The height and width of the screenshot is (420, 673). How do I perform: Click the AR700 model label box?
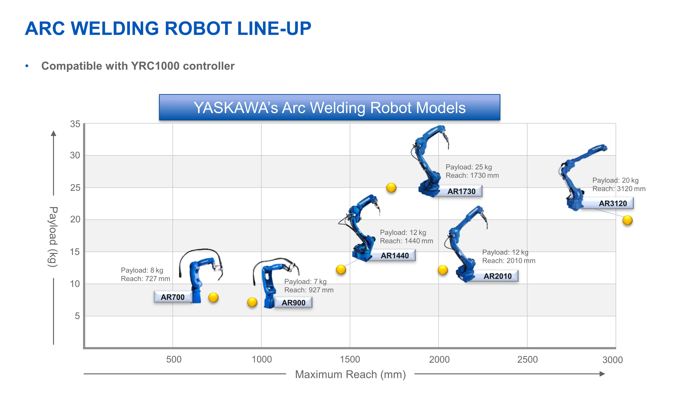[173, 297]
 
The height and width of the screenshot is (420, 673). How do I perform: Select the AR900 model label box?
[293, 303]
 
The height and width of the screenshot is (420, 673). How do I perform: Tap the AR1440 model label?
[395, 255]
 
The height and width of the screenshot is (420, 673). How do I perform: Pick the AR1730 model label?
[461, 191]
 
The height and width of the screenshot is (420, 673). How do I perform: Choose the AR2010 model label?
[498, 276]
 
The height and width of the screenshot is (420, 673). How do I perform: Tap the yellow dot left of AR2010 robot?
[443, 270]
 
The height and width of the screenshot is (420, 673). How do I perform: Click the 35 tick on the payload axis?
[75, 124]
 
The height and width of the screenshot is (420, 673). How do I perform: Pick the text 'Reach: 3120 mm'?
[619, 189]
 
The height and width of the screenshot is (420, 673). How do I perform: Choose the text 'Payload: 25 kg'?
[469, 167]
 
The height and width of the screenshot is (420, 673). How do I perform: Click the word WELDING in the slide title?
[115, 28]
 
